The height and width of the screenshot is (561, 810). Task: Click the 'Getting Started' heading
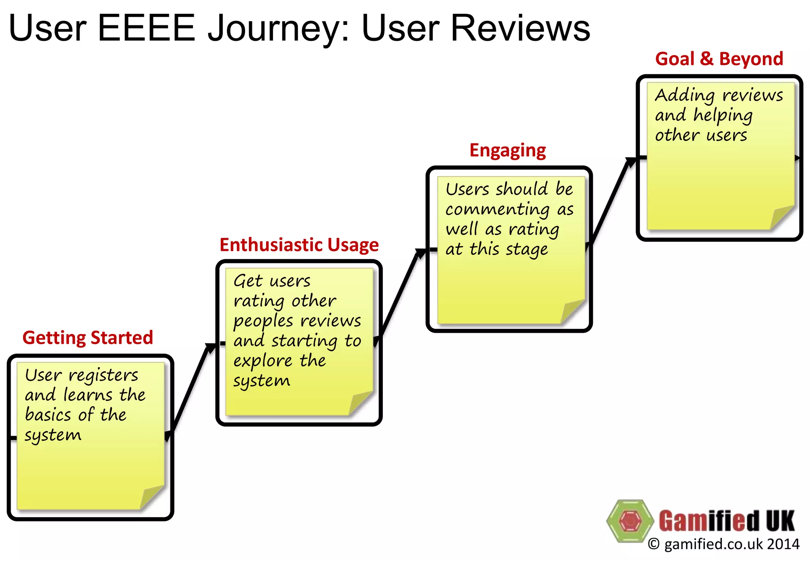point(87,337)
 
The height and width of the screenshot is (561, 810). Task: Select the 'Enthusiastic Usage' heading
point(299,245)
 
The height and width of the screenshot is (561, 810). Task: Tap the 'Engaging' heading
point(507,150)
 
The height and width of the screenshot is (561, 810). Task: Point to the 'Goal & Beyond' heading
point(719,59)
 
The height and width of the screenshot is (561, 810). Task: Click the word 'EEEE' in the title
point(146,28)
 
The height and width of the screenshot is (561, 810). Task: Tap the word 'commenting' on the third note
point(498,209)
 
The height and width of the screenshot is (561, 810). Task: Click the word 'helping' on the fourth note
point(723,116)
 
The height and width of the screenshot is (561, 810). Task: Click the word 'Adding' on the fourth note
point(684,95)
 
